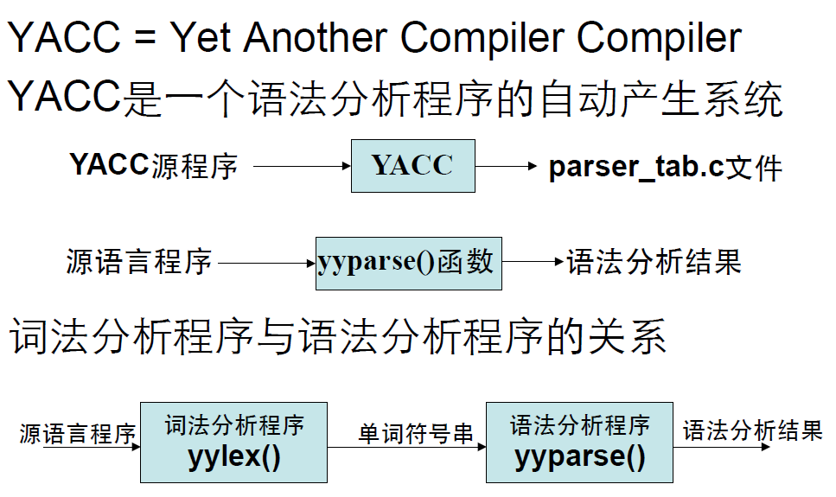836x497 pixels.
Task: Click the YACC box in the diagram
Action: coord(412,165)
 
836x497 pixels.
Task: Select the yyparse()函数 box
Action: coord(408,262)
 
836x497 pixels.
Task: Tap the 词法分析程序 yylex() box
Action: coord(233,442)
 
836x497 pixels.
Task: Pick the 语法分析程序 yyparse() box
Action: coord(579,442)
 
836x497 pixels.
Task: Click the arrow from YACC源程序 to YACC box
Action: coord(300,165)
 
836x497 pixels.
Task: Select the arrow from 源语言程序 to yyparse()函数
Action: coord(267,262)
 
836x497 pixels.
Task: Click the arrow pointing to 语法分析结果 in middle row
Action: coord(533,262)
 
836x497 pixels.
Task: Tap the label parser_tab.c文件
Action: coord(665,167)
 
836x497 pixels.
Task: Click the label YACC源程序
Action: coord(153,164)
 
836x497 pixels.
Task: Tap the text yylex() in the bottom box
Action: coord(233,456)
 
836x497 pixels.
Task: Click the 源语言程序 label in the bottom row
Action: coord(78,433)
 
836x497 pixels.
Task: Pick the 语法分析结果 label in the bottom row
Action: coord(752,430)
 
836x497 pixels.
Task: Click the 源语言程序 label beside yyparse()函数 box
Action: coord(138,261)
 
